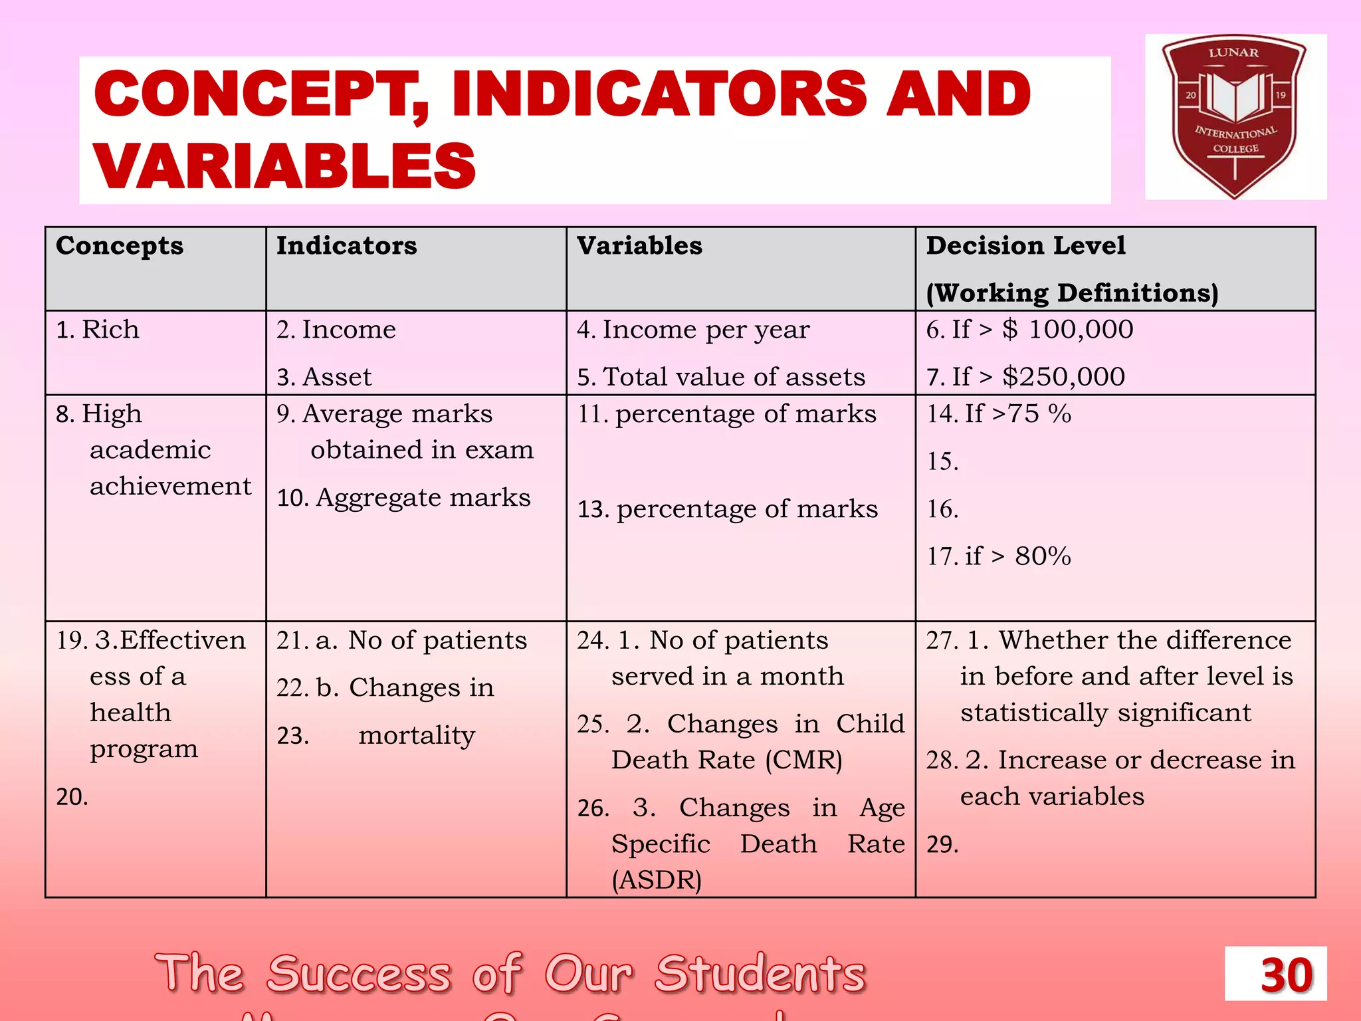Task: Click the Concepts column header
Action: point(120,246)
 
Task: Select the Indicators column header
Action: point(347,246)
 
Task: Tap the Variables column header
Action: point(639,246)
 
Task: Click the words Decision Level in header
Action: point(1025,246)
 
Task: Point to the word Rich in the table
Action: point(110,330)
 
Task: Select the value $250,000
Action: point(1063,377)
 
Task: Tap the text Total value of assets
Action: point(734,377)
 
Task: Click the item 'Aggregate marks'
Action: point(423,498)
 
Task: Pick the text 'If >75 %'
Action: point(1017,414)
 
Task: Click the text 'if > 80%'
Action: point(1017,556)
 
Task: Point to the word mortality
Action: point(417,735)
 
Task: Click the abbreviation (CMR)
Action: point(803,760)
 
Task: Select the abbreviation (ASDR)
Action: point(657,880)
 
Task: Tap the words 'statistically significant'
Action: point(1105,713)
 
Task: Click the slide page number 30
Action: point(1286,975)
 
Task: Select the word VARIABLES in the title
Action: point(284,166)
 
